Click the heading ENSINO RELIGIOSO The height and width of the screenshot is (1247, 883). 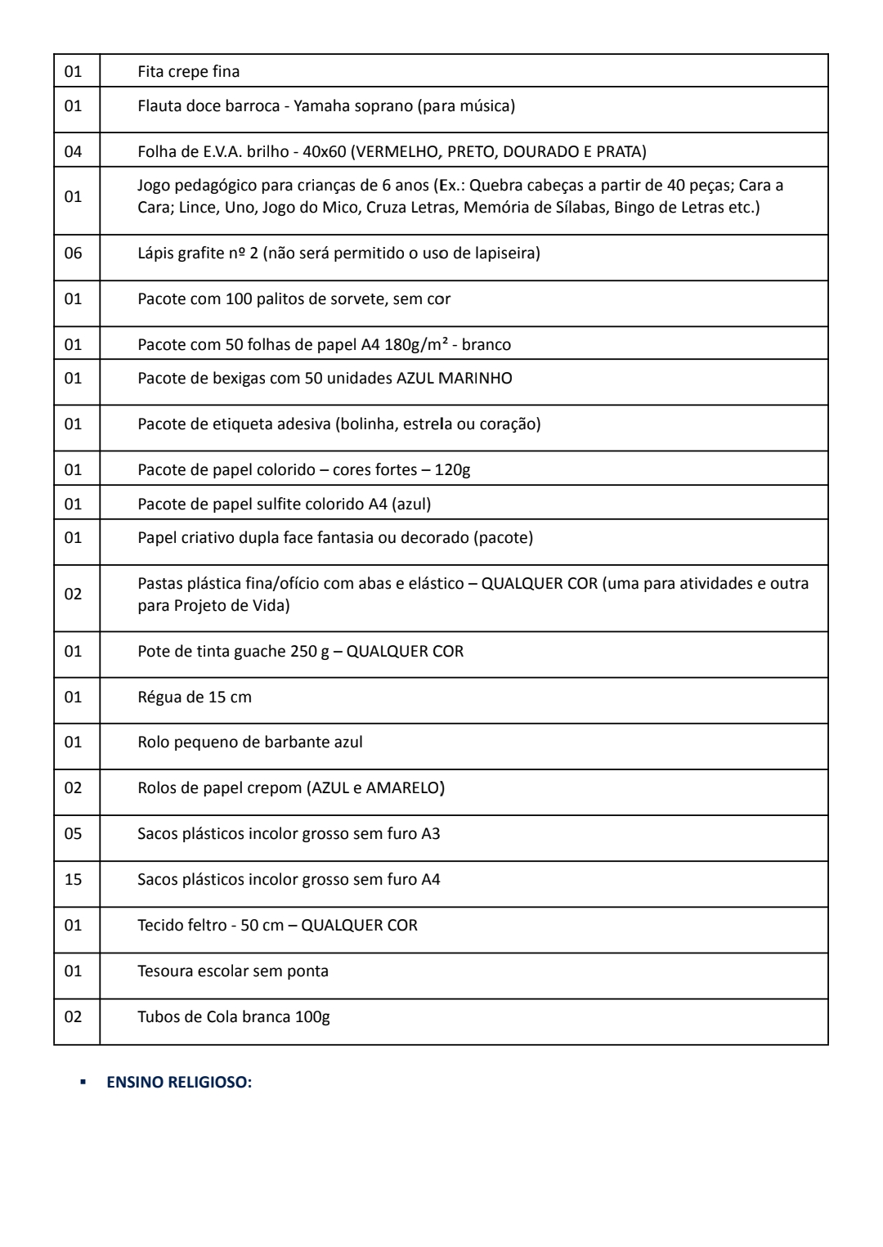point(179,1082)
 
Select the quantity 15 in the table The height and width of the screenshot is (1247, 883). point(74,880)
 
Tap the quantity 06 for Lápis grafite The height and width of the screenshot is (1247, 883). point(74,253)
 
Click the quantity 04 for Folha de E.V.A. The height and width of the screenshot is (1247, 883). point(74,151)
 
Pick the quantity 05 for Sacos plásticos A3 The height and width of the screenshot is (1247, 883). point(74,834)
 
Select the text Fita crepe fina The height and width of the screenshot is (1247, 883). point(189,72)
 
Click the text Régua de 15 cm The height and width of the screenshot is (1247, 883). point(195,698)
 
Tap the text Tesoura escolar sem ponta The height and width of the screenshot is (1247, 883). point(233,971)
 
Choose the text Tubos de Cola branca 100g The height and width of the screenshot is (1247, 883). point(234,1017)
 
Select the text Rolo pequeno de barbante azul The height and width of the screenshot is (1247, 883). point(250,742)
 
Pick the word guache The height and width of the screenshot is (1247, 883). point(262,652)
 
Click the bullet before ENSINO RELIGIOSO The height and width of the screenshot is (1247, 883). point(83,1082)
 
